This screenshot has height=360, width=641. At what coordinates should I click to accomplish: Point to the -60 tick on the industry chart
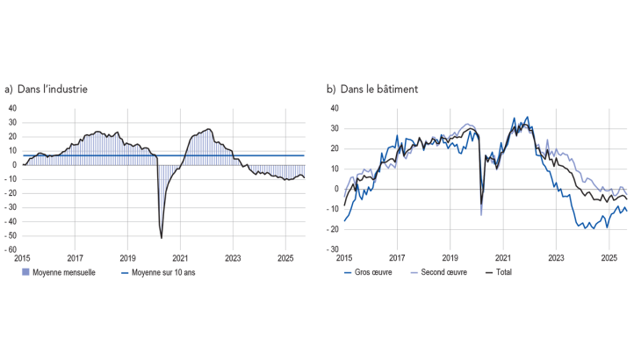[x=11, y=249]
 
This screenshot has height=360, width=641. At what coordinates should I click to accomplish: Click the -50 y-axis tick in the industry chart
[x=11, y=235]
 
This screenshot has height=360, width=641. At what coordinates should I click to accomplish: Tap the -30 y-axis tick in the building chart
[x=335, y=249]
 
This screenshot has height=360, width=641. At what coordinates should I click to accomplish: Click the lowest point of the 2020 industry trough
[x=162, y=237]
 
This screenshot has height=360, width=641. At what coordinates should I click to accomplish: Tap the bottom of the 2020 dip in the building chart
[x=481, y=213]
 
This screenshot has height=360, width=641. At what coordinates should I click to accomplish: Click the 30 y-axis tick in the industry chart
[x=12, y=122]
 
